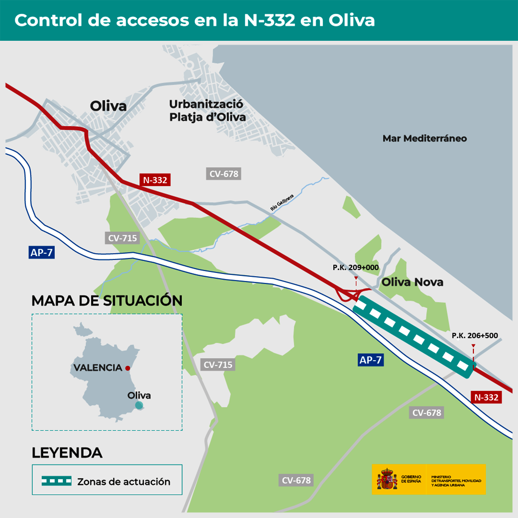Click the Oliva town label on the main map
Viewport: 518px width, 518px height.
pos(108,106)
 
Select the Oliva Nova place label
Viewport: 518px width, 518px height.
pos(412,282)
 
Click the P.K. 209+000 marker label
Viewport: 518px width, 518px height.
pos(355,267)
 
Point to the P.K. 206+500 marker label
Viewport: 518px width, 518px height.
pos(475,336)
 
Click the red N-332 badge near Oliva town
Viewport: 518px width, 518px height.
pos(155,180)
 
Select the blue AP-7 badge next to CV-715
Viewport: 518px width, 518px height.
pos(42,253)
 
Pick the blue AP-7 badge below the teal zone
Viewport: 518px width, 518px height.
pos(370,360)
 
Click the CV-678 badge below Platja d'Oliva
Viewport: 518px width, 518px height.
pos(224,174)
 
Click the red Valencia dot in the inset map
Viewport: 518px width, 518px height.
pos(128,368)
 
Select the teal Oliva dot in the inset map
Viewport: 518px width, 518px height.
pos(139,405)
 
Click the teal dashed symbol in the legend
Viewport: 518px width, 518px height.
pos(56,481)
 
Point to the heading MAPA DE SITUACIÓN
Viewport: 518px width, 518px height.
pos(107,301)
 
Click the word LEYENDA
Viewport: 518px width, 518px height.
pos(67,453)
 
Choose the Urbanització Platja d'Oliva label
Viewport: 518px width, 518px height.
pos(207,110)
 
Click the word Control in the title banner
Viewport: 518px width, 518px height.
pos(49,20)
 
